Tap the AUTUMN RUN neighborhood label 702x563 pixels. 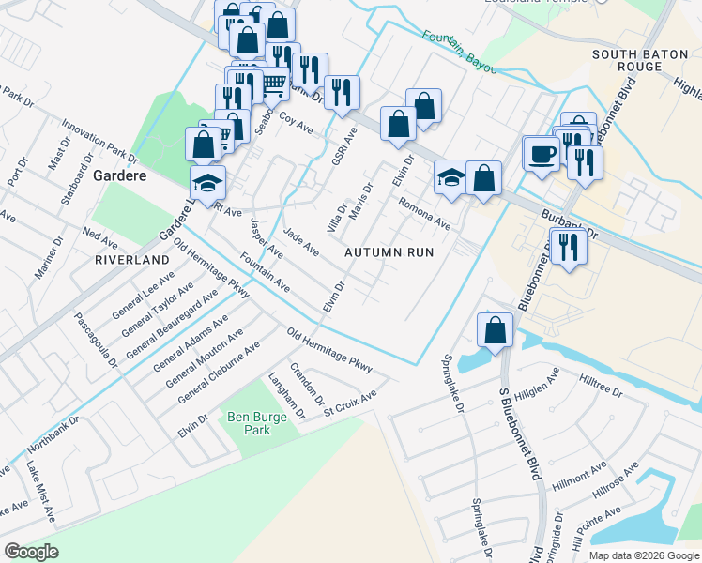click(x=389, y=252)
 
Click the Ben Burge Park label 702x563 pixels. click(x=249, y=423)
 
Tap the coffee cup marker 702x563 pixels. click(x=541, y=153)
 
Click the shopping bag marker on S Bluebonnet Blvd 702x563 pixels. click(x=495, y=330)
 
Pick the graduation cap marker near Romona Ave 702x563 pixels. click(x=451, y=175)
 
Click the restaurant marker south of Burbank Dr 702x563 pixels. click(x=569, y=246)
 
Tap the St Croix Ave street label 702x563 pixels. click(x=350, y=402)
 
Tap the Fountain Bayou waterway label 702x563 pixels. click(x=457, y=50)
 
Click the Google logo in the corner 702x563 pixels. click(x=31, y=552)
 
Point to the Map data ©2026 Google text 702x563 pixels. click(x=645, y=555)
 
